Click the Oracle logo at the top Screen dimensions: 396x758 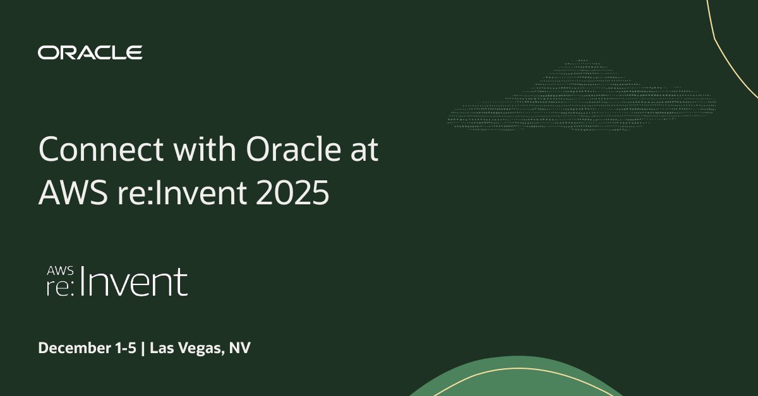(x=90, y=52)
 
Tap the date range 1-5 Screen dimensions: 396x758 (x=124, y=348)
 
